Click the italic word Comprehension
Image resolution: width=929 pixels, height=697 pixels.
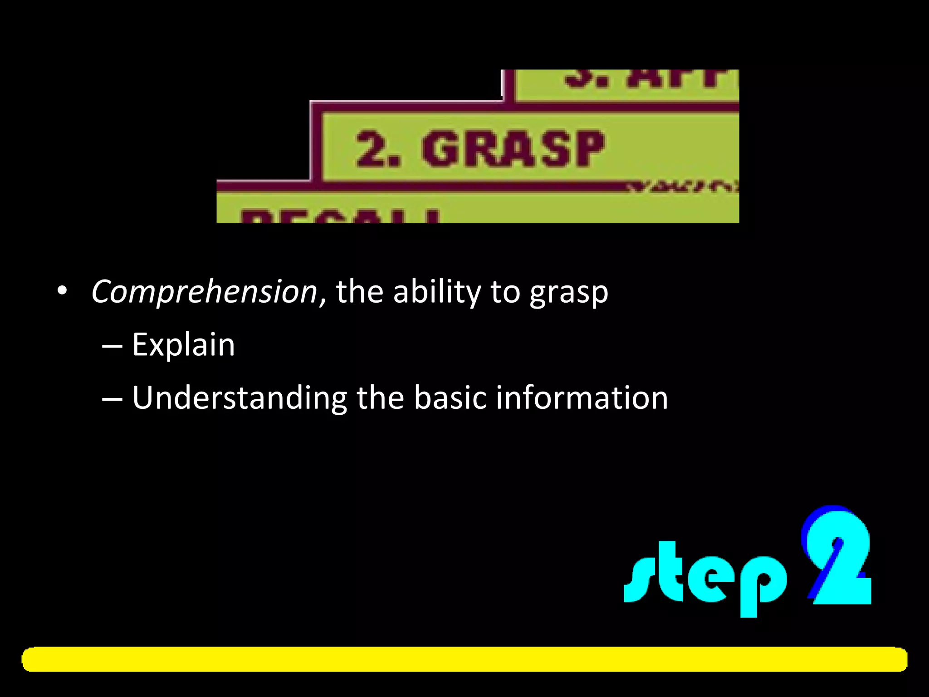pyautogui.click(x=204, y=292)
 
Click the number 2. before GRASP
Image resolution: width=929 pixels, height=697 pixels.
pyautogui.click(x=378, y=149)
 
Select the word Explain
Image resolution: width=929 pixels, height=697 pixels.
pyautogui.click(x=183, y=345)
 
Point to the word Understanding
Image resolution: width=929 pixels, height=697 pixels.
pyautogui.click(x=239, y=398)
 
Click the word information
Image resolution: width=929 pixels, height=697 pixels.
pyautogui.click(x=582, y=398)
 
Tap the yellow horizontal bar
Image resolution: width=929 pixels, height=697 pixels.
pyautogui.click(x=464, y=659)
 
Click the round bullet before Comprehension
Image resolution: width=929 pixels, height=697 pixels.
pyautogui.click(x=62, y=291)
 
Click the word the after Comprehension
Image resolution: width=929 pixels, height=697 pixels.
pyautogui.click(x=359, y=292)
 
